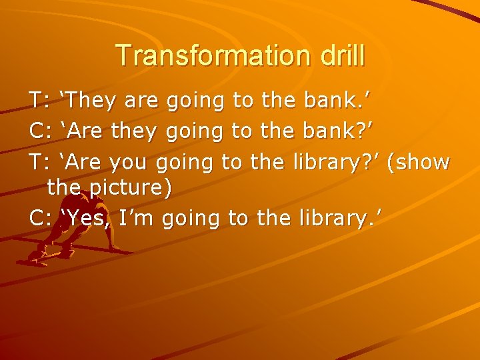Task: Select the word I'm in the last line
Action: click(137, 217)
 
